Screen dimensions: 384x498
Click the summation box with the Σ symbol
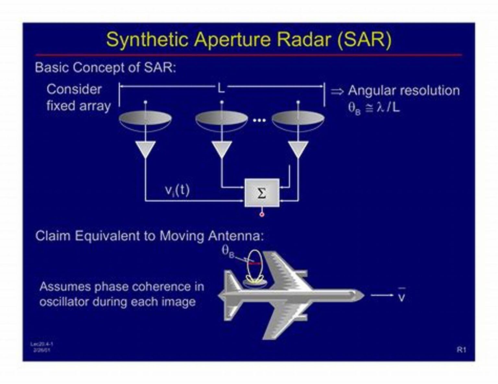tap(262, 193)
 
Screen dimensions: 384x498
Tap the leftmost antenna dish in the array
tap(145, 119)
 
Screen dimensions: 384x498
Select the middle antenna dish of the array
tap(222, 119)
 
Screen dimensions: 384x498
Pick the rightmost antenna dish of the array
tap(298, 119)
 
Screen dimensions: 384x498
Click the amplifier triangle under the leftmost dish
tap(146, 149)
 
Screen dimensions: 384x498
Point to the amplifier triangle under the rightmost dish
tap(298, 149)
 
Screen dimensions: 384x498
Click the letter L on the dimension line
tap(221, 87)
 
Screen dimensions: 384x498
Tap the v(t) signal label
tap(177, 190)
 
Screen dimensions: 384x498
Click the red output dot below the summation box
tap(262, 214)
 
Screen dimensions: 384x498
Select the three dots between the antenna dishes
tap(259, 120)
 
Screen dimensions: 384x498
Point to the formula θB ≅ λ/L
tap(374, 108)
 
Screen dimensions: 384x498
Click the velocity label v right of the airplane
tap(401, 296)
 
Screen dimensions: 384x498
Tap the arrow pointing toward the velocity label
tap(381, 295)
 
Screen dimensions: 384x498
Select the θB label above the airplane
tap(228, 251)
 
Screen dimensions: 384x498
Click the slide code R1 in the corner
tap(461, 350)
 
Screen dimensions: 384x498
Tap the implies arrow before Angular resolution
tap(337, 91)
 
